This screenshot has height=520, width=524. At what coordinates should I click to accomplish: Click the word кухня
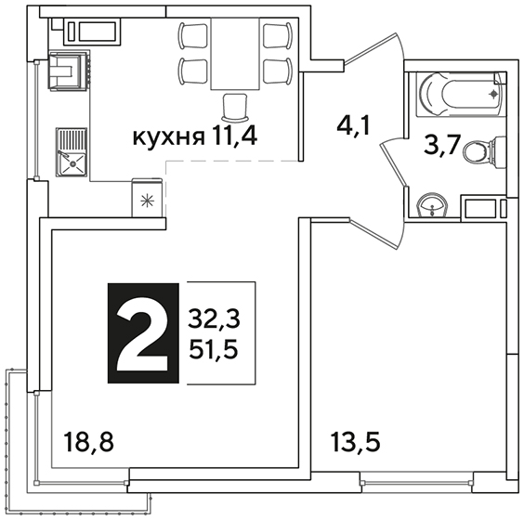pos(168,137)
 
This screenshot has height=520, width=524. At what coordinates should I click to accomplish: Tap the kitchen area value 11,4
pos(233,136)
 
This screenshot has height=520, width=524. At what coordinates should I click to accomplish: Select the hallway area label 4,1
pos(354,126)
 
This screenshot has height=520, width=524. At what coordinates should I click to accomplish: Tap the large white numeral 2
pos(142,342)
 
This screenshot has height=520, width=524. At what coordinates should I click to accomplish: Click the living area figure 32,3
pos(214,318)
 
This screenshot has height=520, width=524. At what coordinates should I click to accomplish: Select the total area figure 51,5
pos(214,349)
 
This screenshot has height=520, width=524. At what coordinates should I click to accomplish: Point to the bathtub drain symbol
pos(493,95)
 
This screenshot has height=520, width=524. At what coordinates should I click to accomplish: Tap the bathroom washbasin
pos(432,205)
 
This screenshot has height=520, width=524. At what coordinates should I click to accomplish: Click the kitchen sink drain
pos(72,164)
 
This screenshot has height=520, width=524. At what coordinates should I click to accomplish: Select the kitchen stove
pos(70,71)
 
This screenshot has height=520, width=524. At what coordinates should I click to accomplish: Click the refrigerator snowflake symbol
pos(148,201)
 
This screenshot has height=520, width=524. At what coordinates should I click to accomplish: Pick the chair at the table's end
pos(235,107)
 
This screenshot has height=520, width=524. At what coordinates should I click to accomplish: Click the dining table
pos(235,54)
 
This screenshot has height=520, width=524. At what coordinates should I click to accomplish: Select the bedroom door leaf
pos(374,234)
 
